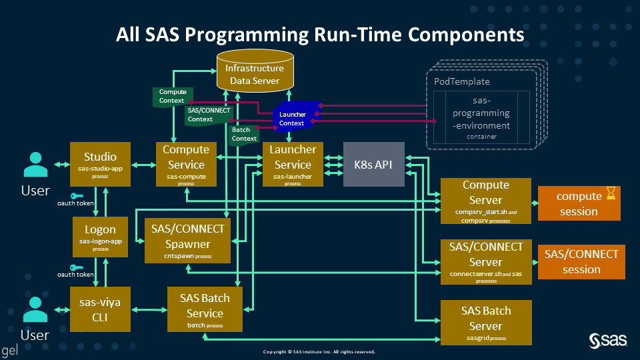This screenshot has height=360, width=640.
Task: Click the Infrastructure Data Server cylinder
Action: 255,73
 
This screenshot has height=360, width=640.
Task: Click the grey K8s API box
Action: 373,164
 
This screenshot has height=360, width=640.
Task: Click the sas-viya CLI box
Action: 100,309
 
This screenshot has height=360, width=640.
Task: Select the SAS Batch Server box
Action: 485,323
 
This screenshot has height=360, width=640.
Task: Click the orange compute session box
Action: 579,203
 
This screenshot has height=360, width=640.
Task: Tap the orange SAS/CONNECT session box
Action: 581,262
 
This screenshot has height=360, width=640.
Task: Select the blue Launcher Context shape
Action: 292,118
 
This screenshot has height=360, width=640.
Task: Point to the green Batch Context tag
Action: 245,134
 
